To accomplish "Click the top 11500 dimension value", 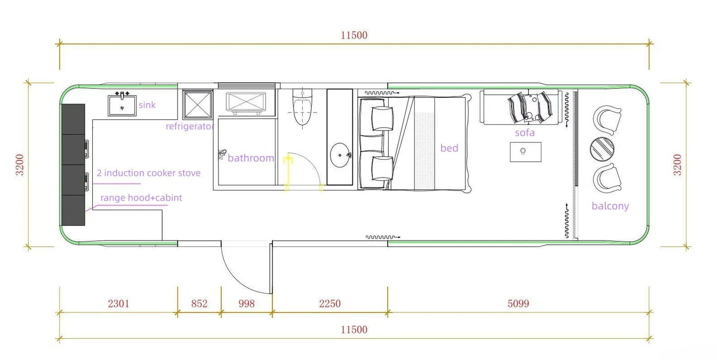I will pos(354,35).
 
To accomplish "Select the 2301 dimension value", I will pos(118,303).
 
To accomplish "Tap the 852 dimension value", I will pos(199,303).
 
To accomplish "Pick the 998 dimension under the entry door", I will pos(246,303).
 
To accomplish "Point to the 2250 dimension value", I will pos(330,303).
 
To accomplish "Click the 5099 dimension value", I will pos(518,303).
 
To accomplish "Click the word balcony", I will pos(610,206).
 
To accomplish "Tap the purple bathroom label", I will pos(251,158).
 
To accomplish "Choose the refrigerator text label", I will pos(190,126).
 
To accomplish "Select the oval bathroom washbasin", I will pos(340,154).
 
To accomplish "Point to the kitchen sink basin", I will pos(123,105).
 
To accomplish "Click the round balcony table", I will pos(602,149).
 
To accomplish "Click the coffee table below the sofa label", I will pos(525,152).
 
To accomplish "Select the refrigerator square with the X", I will pos(197,103).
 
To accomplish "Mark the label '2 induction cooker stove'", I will pos(148,173).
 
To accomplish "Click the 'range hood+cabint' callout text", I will pos(141,198).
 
